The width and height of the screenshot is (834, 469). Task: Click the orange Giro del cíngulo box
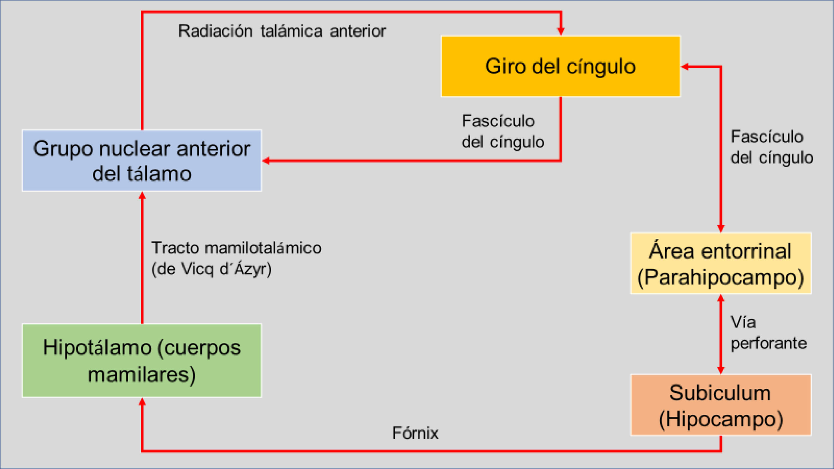(x=560, y=66)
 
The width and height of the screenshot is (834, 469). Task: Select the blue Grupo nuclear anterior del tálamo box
(x=142, y=161)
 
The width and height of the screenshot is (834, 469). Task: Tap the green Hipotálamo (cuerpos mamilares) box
(x=142, y=361)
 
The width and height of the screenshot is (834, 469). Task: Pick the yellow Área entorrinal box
(x=721, y=263)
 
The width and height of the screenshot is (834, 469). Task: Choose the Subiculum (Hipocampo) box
(x=721, y=405)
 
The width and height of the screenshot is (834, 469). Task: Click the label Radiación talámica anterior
(x=282, y=31)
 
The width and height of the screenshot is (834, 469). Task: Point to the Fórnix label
(x=415, y=433)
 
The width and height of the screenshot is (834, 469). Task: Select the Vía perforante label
(x=768, y=333)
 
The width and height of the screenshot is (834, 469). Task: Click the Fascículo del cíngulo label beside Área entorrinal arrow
(x=771, y=147)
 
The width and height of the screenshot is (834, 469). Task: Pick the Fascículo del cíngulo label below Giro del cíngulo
(x=502, y=131)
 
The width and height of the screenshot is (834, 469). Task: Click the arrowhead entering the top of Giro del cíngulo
(x=561, y=31)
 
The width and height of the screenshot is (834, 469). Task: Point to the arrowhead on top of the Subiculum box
(x=721, y=370)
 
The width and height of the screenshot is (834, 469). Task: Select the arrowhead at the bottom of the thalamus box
(x=142, y=196)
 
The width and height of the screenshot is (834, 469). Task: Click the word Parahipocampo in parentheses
(x=721, y=278)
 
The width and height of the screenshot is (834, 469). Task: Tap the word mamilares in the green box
(x=142, y=374)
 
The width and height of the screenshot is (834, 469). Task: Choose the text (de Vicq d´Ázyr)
(x=211, y=269)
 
